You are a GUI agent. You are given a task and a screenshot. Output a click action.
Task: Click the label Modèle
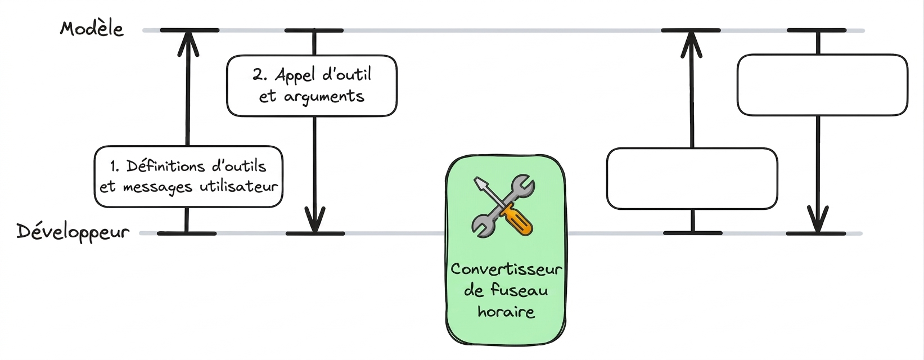pos(92,29)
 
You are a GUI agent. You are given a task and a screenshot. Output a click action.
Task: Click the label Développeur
pos(73,232)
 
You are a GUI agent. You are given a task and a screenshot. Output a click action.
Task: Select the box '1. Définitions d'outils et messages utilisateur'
pos(188,177)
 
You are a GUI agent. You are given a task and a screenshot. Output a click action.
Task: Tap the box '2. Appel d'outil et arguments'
pos(312,85)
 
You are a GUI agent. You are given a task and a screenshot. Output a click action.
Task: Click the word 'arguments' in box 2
pos(324,97)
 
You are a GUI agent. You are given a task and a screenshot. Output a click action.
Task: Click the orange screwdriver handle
pos(516,219)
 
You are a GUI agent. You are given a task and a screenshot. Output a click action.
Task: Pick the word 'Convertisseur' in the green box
pos(506,269)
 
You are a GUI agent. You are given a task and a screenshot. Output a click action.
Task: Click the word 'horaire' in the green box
pos(506,311)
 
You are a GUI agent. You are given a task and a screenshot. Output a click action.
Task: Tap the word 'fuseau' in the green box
pos(519,290)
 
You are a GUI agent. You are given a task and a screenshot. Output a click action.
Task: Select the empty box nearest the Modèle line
pos(823,85)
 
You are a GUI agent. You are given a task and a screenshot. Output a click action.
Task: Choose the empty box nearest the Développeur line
pos(692,178)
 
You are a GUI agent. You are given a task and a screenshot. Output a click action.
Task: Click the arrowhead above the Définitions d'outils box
pos(188,44)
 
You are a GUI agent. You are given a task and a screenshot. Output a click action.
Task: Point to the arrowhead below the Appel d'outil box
pos(315,219)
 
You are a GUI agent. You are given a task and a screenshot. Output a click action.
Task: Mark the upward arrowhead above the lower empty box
pos(691,44)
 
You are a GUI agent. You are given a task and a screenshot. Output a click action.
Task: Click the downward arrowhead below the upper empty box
pos(818,219)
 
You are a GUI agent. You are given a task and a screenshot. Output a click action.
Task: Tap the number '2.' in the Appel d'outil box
pos(259,75)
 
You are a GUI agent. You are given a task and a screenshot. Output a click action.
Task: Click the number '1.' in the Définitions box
pos(115,166)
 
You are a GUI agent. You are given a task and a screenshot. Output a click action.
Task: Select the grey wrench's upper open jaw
pos(523,184)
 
